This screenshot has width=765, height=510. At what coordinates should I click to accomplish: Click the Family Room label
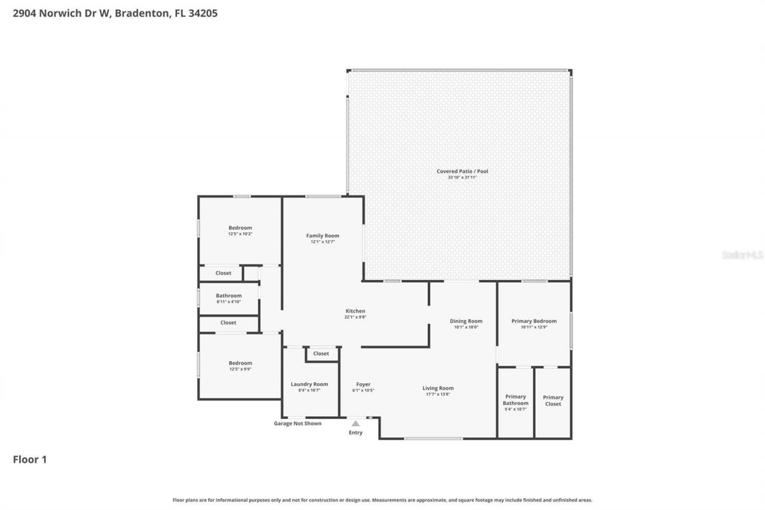323,236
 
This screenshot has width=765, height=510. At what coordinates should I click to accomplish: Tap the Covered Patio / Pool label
462,172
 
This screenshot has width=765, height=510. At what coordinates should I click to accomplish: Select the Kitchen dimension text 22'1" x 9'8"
355,317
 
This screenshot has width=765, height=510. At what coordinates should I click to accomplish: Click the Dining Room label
466,321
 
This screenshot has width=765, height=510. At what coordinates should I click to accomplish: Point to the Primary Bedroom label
534,321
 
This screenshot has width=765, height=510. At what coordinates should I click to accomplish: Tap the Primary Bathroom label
515,399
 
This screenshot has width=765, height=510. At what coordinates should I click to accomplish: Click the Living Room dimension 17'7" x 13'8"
438,394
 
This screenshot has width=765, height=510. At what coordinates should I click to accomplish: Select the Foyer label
363,384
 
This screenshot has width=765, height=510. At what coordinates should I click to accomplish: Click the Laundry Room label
309,384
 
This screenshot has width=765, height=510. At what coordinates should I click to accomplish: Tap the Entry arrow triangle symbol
356,423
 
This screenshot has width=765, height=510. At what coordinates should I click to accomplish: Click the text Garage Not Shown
298,423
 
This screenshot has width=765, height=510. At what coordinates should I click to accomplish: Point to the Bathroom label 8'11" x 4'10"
229,302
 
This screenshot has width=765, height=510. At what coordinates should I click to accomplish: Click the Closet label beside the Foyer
321,353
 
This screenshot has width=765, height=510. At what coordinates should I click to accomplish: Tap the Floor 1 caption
29,459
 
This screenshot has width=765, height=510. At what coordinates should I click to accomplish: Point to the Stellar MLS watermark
742,255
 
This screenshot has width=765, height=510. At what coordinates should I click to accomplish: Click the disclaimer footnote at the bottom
382,500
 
